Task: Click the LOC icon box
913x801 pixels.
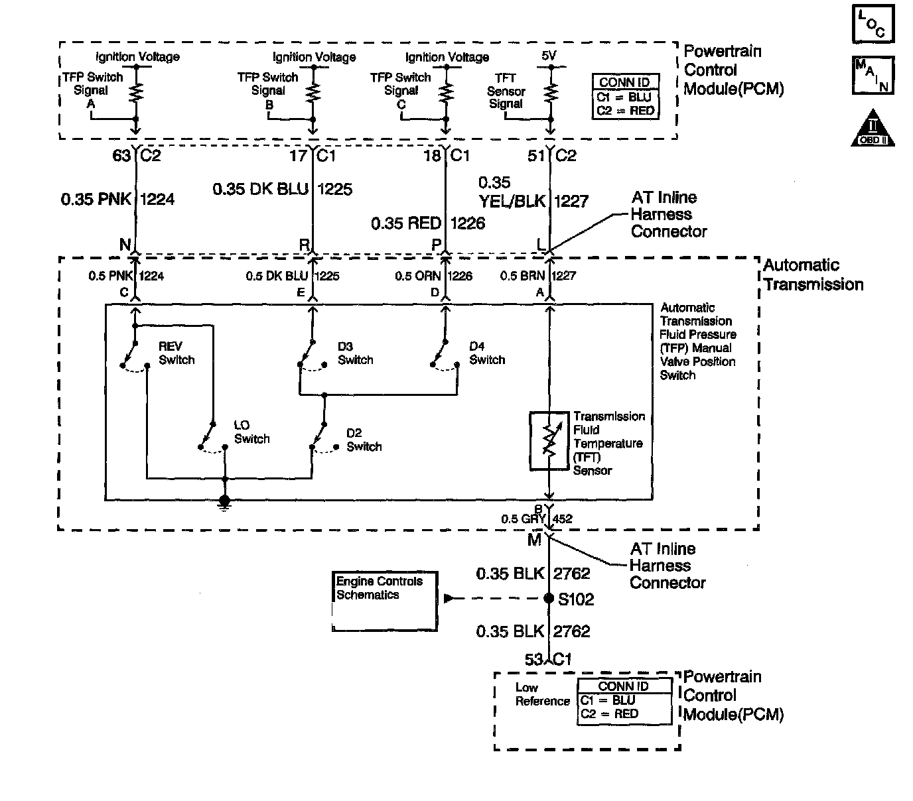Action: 873,24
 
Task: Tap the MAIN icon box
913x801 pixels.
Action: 873,75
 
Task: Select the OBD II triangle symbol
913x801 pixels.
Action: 873,129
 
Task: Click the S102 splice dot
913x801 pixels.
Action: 549,598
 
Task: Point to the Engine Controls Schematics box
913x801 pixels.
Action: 384,601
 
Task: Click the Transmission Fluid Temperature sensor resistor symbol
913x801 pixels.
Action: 549,441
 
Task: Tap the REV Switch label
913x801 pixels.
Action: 176,353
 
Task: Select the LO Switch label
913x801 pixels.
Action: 251,432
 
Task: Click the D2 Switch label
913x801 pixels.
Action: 364,440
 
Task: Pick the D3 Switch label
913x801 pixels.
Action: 355,353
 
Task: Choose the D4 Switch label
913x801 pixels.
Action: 487,353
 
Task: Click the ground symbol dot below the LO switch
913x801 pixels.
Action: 224,500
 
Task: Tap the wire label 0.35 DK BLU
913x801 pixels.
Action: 261,189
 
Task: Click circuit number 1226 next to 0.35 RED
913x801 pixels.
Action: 468,223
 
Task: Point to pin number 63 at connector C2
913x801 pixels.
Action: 121,155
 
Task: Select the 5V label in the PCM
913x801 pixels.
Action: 549,56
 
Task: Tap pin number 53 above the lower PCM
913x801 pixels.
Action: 534,660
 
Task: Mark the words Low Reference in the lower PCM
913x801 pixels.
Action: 543,694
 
